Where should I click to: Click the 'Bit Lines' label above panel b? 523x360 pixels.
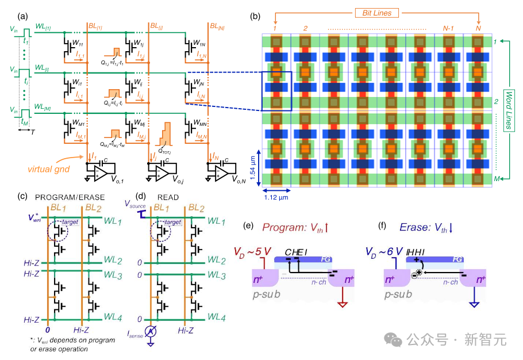point(377,12)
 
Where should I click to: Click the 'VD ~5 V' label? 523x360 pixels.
point(253,252)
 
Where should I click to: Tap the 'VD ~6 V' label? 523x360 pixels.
point(384,252)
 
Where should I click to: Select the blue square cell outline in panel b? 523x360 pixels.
point(277,90)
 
